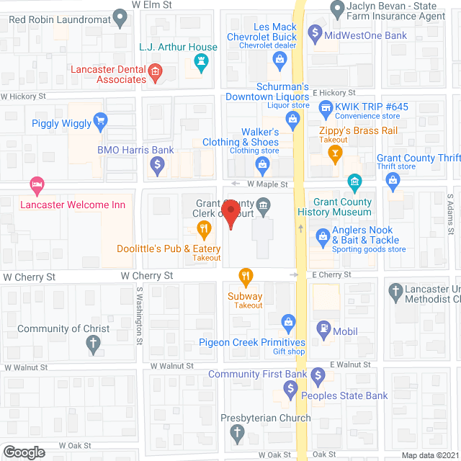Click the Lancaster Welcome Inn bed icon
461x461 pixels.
[35, 186]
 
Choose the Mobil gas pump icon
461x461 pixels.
[324, 330]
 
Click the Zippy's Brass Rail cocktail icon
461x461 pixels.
[335, 152]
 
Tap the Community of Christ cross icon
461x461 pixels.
[93, 345]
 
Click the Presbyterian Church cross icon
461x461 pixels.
[237, 434]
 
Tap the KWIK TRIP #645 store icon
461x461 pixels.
[326, 110]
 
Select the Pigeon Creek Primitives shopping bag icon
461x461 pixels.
[288, 321]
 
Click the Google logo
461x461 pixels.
[24, 452]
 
